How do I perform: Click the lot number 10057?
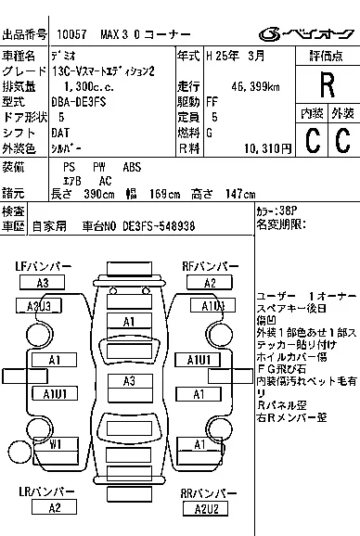[x=71, y=33]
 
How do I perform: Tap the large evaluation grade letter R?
[x=327, y=85]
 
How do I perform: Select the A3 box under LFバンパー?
[x=43, y=283]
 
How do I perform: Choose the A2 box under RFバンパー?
[x=210, y=283]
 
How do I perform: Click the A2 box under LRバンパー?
[x=55, y=507]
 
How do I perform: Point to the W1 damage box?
[x=55, y=445]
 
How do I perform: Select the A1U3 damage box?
[x=212, y=306]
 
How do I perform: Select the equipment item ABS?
[x=132, y=166]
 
